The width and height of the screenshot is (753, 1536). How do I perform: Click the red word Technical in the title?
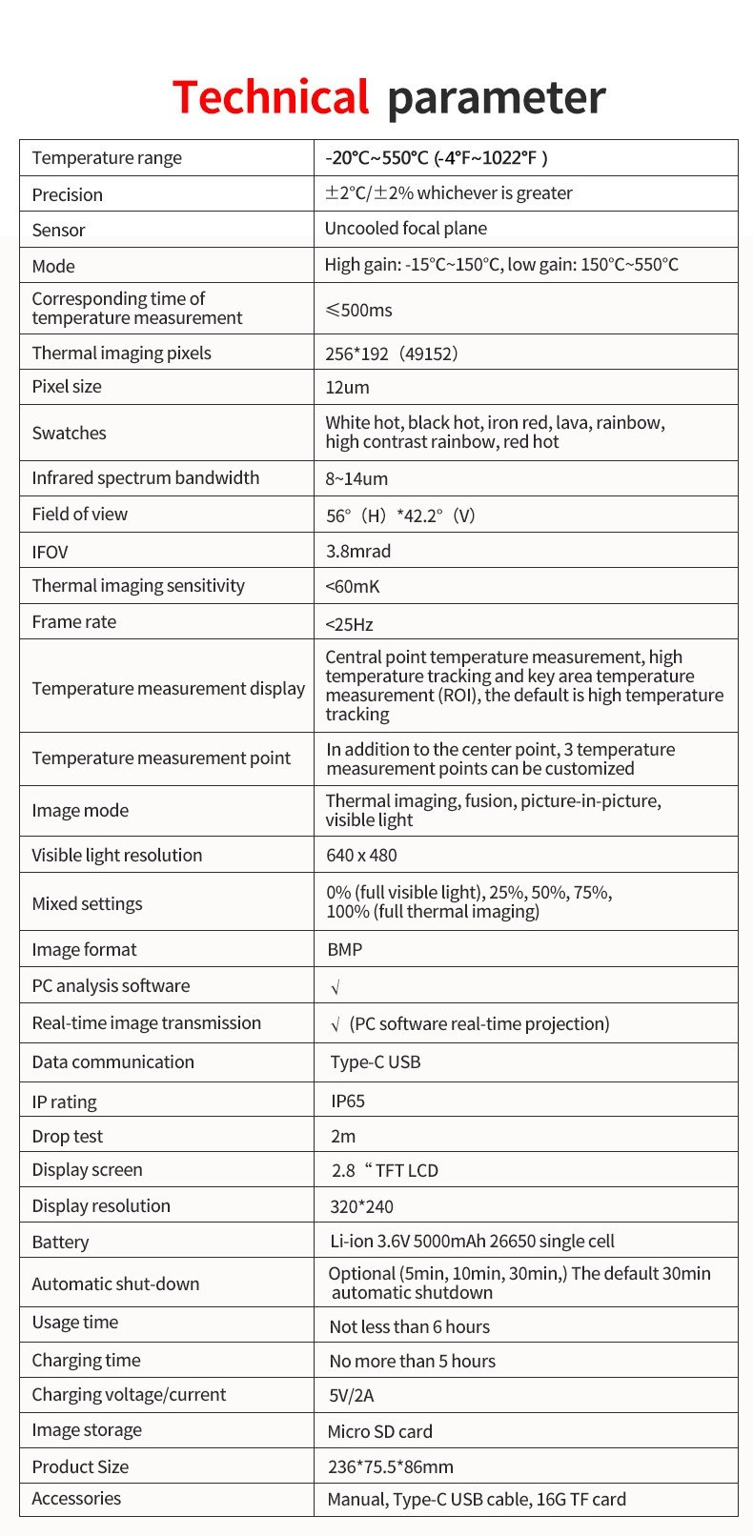[270, 98]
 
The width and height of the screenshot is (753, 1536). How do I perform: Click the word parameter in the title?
[496, 98]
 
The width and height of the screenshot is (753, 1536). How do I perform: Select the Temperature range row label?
[107, 158]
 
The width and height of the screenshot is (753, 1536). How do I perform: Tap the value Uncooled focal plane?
[406, 229]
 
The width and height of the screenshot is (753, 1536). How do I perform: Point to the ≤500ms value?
[358, 310]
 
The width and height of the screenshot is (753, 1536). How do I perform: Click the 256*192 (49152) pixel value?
[392, 354]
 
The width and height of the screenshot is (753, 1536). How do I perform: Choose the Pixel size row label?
[67, 387]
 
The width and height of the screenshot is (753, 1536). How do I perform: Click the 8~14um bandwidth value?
[356, 478]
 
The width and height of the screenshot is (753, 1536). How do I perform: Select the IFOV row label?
[50, 552]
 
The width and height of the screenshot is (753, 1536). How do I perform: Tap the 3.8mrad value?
[358, 551]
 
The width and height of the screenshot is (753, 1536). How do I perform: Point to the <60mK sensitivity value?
[353, 587]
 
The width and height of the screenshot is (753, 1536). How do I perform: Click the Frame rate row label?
[74, 622]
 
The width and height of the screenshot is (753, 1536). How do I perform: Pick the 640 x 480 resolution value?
[361, 856]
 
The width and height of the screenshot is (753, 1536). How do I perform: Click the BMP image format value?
[344, 950]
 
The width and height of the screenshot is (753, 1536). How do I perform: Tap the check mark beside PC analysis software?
[336, 988]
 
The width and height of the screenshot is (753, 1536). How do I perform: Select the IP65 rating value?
[348, 1101]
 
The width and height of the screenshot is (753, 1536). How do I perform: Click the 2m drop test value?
[343, 1136]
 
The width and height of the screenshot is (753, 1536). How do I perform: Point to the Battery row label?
[60, 1242]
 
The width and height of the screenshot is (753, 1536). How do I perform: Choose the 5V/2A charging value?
[352, 1396]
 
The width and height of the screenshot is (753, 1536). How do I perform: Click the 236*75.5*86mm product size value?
[391, 1466]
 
